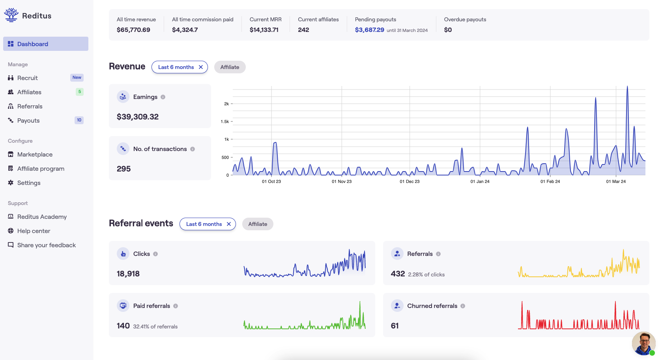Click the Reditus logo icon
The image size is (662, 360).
coord(11,15)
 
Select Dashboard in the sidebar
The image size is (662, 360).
coord(46,44)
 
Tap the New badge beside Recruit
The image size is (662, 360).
coord(77,78)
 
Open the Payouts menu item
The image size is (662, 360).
coord(28,121)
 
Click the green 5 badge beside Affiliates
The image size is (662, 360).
coord(80,92)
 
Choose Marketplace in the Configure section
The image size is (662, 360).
coord(35,155)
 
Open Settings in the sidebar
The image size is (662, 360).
coord(29,183)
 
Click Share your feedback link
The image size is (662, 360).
coord(46,245)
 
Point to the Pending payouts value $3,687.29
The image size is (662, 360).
coord(369,30)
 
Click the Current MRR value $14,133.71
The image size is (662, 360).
coord(264,30)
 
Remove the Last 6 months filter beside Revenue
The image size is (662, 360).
coord(201,67)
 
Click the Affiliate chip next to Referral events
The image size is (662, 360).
coord(258,224)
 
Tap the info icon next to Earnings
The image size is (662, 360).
coord(163,97)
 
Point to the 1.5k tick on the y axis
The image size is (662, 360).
coord(225,121)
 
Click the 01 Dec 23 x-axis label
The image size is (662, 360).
coord(410,181)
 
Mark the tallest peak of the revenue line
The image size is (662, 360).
coord(627,87)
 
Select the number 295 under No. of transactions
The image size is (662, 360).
coord(123,169)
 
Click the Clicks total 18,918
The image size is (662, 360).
coord(128,274)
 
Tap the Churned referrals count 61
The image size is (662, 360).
coord(395,326)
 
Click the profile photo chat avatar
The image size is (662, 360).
coord(643,343)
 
